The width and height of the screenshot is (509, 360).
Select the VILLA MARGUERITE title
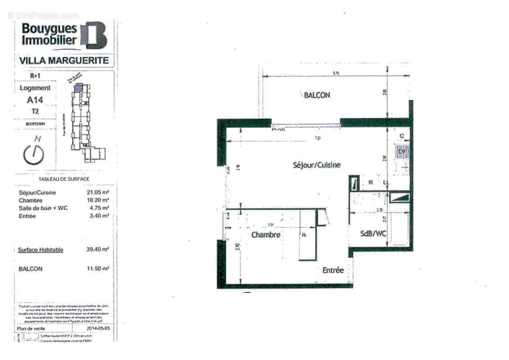click(64, 61)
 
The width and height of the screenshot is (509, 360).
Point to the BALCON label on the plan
click(317, 95)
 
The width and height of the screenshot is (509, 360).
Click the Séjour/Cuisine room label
click(317, 165)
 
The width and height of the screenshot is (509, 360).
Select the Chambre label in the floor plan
click(266, 235)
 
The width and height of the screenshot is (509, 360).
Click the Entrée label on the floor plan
click(333, 270)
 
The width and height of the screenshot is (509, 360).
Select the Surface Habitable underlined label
click(41, 250)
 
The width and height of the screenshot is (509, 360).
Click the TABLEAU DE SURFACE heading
click(64, 179)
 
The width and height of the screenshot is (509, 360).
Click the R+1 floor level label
click(35, 76)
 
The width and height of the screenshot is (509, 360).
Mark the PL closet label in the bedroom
click(304, 234)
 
